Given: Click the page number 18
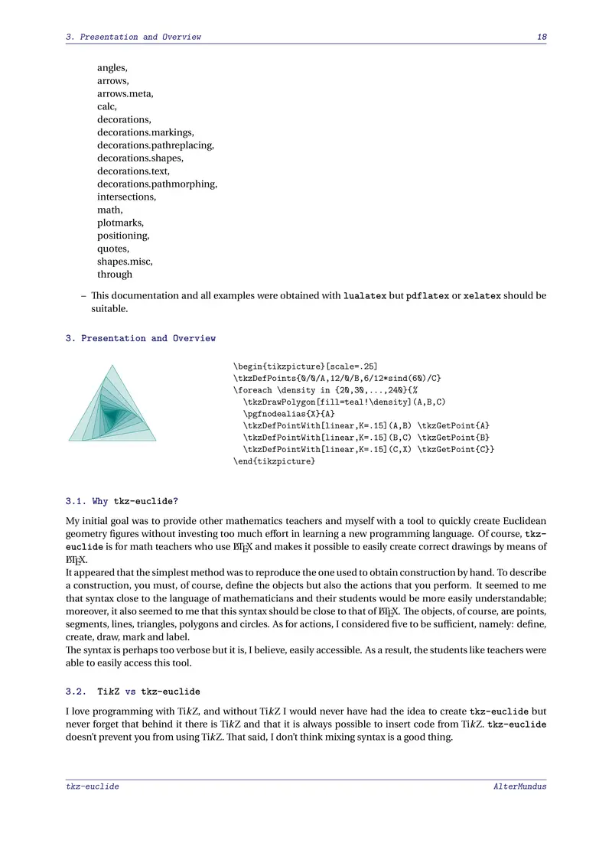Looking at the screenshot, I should (x=542, y=37).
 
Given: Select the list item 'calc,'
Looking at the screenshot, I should (x=107, y=106).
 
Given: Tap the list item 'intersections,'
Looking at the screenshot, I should (x=126, y=197).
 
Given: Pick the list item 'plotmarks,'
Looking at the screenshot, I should (x=120, y=223).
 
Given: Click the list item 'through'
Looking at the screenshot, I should (x=115, y=274).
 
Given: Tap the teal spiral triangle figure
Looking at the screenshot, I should (x=112, y=405).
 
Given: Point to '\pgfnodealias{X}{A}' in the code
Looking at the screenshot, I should (x=289, y=414).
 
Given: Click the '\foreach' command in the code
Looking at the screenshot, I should (x=252, y=390).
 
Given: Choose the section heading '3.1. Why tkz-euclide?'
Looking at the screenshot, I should (x=122, y=502).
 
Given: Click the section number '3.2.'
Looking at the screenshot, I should (x=76, y=692).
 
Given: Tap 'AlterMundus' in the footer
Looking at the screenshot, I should (x=520, y=786).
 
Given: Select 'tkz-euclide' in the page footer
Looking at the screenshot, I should (x=93, y=786).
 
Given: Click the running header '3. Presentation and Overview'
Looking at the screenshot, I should (x=133, y=37).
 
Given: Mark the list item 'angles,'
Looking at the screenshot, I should (x=112, y=67).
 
